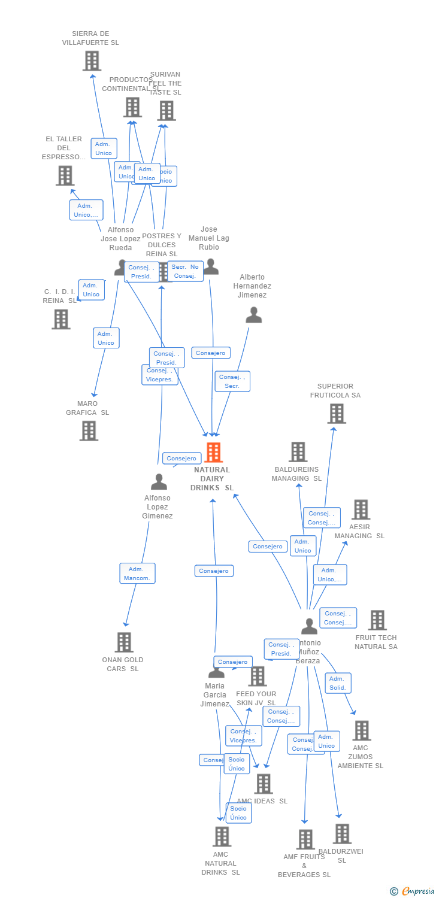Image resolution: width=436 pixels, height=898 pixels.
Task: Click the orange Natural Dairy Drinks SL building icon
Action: point(213,453)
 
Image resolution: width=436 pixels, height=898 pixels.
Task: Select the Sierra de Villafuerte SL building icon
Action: point(92,61)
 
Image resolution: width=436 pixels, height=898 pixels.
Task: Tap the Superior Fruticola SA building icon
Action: point(337,414)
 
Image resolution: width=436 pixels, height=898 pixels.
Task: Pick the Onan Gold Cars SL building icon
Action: point(124,642)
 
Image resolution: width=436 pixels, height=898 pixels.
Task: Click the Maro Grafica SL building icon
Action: point(89,430)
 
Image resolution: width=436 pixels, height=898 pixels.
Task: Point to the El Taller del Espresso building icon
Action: point(65,175)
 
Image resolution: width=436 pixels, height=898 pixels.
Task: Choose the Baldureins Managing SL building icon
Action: point(298,452)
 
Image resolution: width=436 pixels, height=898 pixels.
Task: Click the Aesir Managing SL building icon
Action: point(361,509)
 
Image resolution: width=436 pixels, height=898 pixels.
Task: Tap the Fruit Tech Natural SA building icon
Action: point(377,620)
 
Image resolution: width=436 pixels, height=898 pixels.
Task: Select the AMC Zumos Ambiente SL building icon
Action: point(361,730)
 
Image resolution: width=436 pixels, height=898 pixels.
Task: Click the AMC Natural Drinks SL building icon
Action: point(222,836)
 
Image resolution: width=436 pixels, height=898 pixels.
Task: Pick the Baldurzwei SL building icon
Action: point(342,833)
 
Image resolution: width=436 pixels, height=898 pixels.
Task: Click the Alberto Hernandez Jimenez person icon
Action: point(254,315)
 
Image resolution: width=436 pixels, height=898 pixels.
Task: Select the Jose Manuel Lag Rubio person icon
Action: point(210,266)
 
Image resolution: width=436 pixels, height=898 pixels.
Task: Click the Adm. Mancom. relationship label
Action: point(137,574)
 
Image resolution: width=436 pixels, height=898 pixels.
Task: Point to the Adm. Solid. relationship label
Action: point(338,683)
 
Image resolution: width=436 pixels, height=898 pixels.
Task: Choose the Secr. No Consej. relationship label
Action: point(185,271)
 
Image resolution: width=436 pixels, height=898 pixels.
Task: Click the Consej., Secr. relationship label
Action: point(232,381)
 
